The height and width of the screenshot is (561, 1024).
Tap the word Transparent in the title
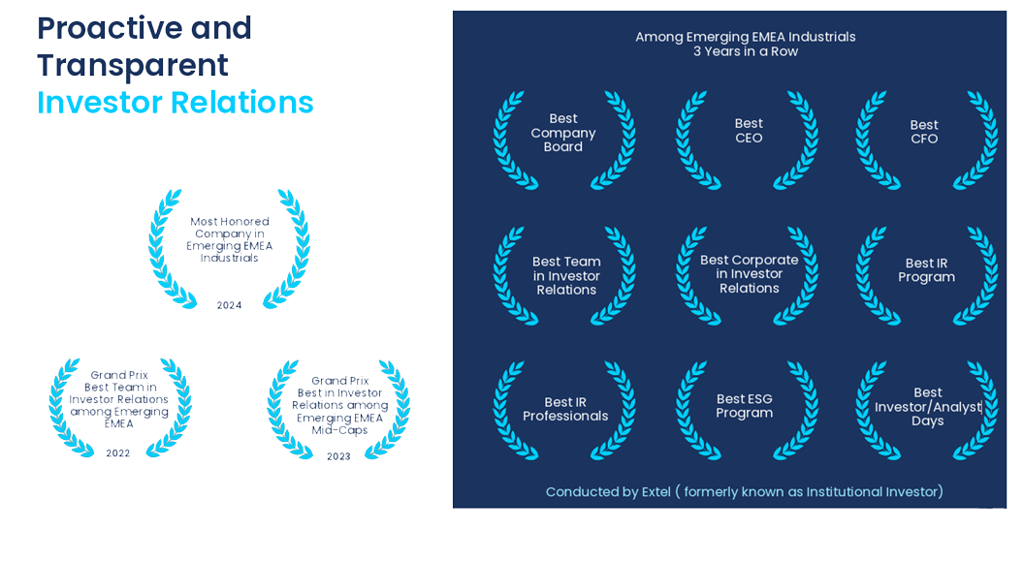click(x=133, y=65)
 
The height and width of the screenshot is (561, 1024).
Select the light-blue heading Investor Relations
click(x=175, y=103)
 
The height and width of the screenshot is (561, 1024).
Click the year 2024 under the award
click(x=229, y=305)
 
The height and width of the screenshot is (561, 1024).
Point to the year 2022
click(x=118, y=453)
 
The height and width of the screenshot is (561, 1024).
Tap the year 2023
click(x=339, y=456)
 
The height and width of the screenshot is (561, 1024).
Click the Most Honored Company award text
click(x=229, y=239)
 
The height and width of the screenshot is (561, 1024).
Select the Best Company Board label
click(x=563, y=133)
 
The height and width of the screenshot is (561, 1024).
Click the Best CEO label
click(x=749, y=131)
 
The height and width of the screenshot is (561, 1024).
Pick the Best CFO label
click(x=924, y=132)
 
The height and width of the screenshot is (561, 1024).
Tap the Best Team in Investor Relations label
click(x=566, y=276)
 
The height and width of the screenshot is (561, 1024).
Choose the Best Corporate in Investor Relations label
click(x=749, y=274)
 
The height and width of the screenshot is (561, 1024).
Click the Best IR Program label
click(x=926, y=270)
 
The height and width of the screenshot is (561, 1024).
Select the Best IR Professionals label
click(x=565, y=409)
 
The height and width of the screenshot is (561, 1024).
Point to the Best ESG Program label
click(x=745, y=406)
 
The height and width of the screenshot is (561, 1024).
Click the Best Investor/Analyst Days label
click(x=928, y=406)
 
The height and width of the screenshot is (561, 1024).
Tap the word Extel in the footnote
click(x=656, y=492)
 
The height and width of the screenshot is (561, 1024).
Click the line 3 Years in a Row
click(x=746, y=51)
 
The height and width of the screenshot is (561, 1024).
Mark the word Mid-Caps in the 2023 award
click(x=339, y=430)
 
